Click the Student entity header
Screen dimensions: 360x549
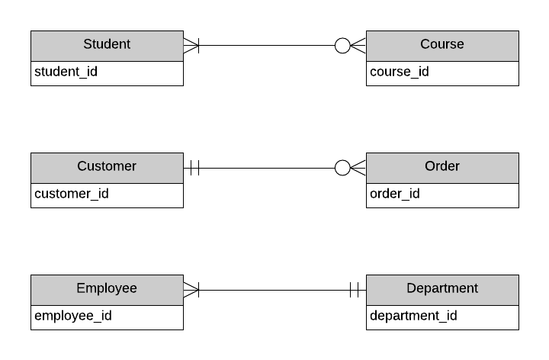107,45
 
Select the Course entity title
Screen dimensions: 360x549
442,45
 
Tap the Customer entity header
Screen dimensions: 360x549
107,167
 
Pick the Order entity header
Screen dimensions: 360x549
442,167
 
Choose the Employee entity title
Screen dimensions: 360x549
107,289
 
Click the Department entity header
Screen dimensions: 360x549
442,289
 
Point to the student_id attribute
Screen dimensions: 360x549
66,72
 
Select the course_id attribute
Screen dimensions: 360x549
400,72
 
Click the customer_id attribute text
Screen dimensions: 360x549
72,194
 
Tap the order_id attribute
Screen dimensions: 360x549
395,194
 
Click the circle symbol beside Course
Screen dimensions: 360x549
342,46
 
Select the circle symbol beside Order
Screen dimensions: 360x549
342,168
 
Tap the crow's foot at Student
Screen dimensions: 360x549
191,46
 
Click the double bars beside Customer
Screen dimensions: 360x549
194,168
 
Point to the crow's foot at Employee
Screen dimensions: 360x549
191,290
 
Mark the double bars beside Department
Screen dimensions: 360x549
355,290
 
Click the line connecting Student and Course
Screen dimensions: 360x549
267,46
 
